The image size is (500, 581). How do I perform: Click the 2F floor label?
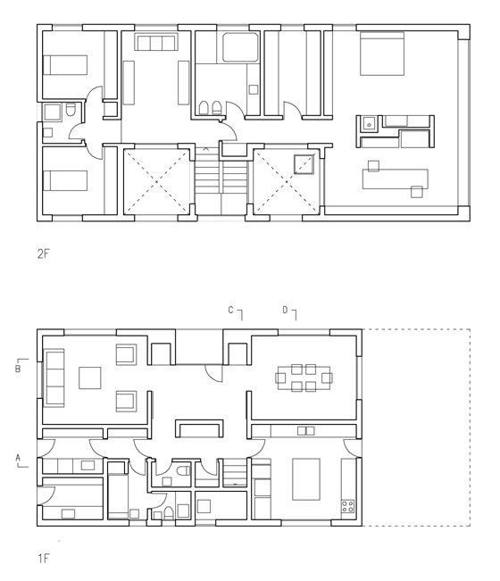point(43,253)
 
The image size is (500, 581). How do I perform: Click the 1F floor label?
point(43,559)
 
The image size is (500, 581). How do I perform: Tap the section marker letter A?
point(18,458)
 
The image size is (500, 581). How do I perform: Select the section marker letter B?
point(18,369)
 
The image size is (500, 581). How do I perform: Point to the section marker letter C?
point(231,310)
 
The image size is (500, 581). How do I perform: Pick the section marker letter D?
point(285,310)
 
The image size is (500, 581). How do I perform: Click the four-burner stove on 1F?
point(347,507)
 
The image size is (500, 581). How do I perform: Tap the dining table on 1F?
point(304,378)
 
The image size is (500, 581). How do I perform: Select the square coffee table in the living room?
point(89,378)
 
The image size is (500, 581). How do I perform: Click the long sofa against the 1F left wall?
point(54,378)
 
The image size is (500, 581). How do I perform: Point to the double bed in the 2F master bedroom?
point(382,54)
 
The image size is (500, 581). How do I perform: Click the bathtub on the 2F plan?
point(240,47)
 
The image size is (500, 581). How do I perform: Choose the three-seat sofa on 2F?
point(155,42)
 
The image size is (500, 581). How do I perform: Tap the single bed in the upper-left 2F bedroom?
point(65,65)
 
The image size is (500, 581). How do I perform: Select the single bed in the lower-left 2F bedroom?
point(65,181)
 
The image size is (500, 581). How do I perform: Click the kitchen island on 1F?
point(306,479)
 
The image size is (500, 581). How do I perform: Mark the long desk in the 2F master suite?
point(396,179)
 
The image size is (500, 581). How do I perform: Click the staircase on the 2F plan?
point(221,180)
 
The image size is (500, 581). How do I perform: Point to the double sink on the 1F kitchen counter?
point(305,430)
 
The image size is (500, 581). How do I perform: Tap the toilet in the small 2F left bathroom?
point(71,110)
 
